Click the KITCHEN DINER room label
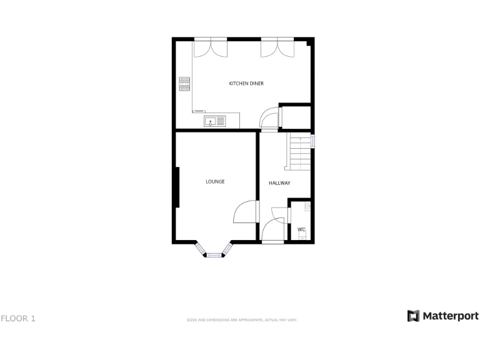click(x=246, y=83)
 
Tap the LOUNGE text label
click(x=215, y=182)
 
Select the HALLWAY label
click(x=279, y=183)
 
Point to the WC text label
click(x=301, y=229)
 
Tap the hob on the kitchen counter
click(x=184, y=84)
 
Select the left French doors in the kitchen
click(x=210, y=47)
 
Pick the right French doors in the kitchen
click(x=277, y=47)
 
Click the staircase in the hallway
click(x=299, y=152)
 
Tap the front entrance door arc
click(x=272, y=229)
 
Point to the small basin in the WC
click(x=307, y=206)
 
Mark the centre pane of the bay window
click(x=214, y=254)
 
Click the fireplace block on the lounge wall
click(x=177, y=187)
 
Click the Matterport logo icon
click(x=414, y=316)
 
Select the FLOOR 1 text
click(x=18, y=319)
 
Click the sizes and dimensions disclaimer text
click(x=241, y=320)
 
